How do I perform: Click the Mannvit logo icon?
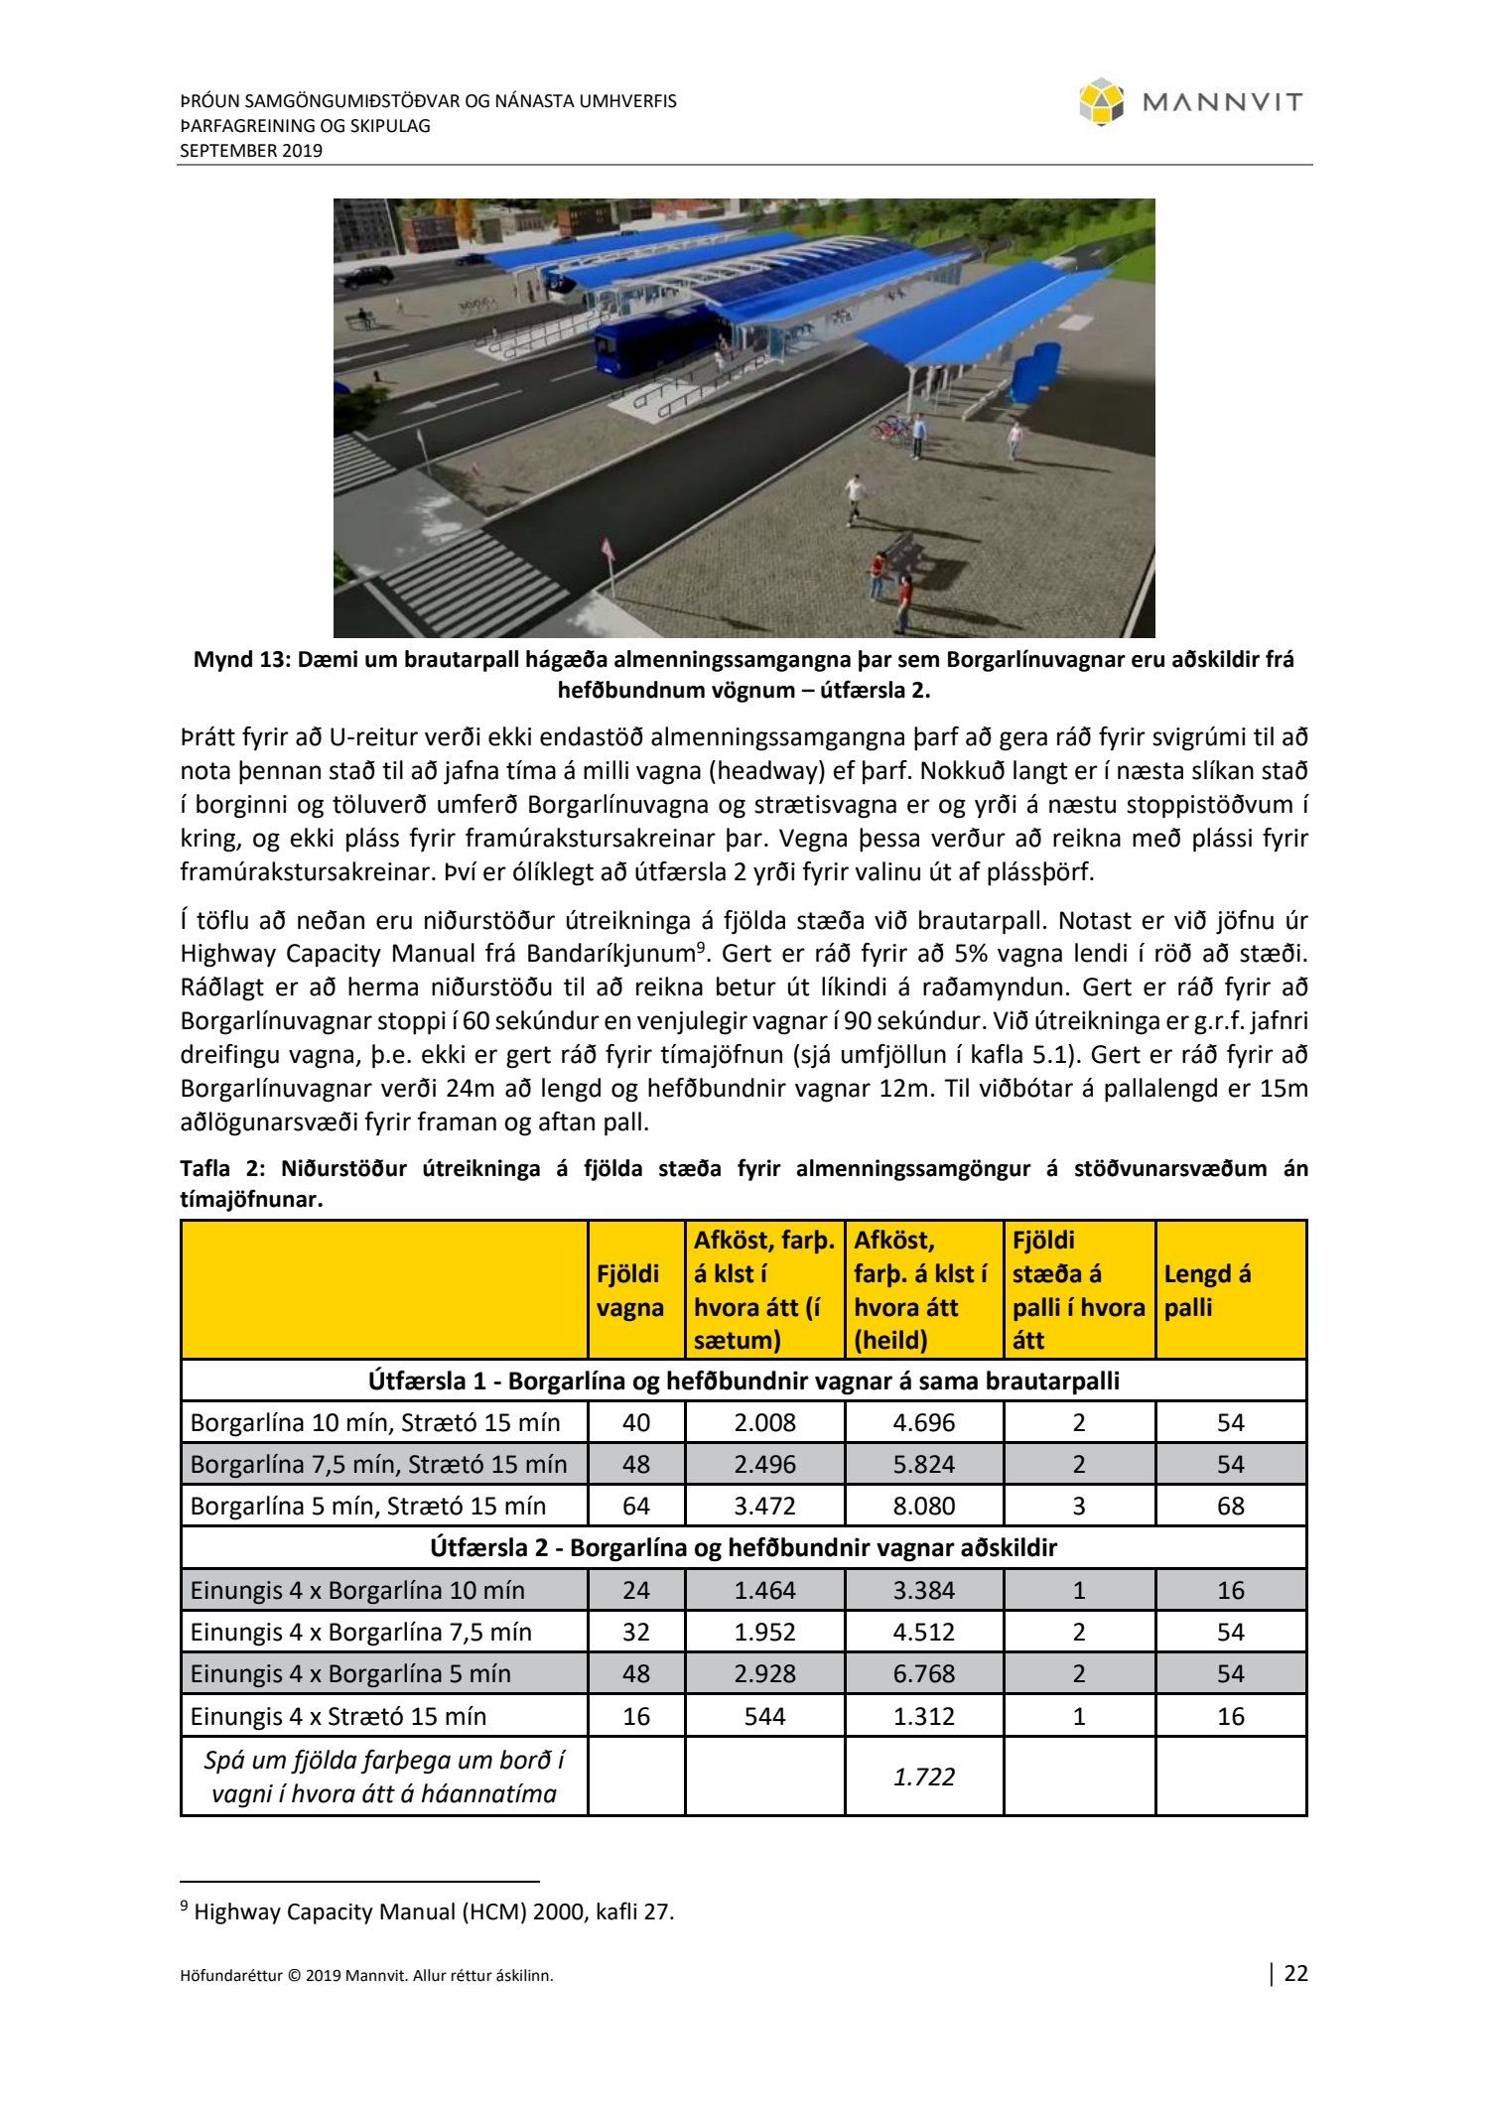1101,102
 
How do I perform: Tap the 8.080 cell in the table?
923,1506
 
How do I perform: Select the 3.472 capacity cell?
764,1506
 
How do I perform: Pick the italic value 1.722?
923,1777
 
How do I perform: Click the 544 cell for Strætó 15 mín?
764,1716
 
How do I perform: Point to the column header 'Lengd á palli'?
1207,1290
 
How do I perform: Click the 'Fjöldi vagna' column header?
628,1290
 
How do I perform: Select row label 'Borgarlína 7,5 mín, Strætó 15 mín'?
378,1464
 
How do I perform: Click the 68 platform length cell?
1230,1506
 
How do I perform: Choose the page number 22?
1296,1973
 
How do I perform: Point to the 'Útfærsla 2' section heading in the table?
744,1547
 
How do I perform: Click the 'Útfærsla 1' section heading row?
744,1381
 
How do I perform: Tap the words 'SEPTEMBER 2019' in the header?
251,151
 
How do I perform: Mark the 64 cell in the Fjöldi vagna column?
635,1506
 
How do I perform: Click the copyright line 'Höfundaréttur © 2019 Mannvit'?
366,1975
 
